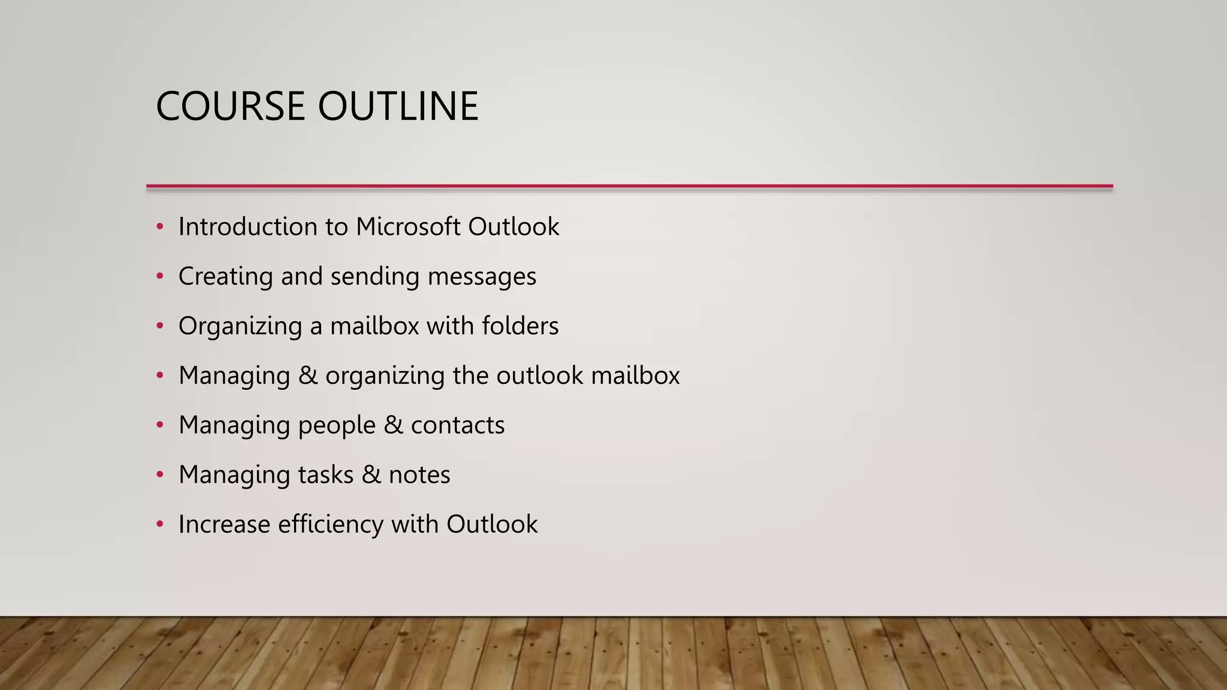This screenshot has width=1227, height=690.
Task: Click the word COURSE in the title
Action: [x=231, y=107]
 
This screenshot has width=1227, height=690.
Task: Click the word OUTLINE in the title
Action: [x=398, y=107]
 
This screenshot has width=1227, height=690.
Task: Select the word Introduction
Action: [x=248, y=227]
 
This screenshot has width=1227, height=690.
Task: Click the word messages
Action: [x=482, y=277]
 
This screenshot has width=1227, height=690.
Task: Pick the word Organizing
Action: [x=240, y=326]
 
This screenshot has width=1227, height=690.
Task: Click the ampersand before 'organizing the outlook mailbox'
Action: [x=307, y=376]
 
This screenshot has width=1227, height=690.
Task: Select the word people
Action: [x=336, y=426]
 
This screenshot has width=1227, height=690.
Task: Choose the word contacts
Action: [x=458, y=425]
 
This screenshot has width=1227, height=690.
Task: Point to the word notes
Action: [x=419, y=475]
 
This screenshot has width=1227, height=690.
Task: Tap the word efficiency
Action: [x=331, y=525]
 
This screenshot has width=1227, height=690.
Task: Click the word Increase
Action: [x=224, y=525]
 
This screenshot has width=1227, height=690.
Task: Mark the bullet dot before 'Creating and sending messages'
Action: [x=160, y=276]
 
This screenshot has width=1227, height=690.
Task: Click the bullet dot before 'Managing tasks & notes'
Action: [x=160, y=474]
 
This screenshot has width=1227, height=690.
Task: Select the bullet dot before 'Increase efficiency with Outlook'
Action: [x=160, y=524]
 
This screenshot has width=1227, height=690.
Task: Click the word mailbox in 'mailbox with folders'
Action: [x=374, y=326]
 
